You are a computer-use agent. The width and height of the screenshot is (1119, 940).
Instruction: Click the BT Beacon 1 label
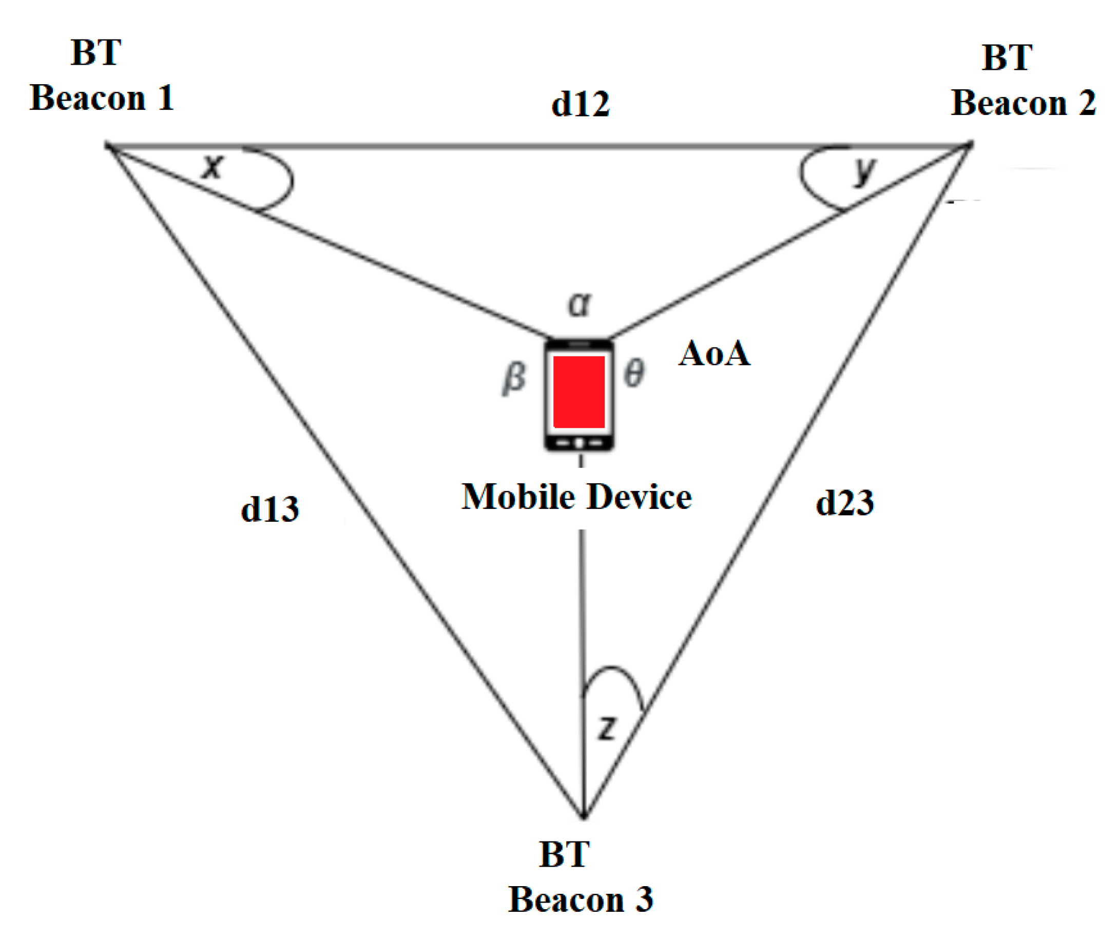coord(101,75)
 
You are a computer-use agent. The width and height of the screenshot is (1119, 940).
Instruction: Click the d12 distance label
coord(580,104)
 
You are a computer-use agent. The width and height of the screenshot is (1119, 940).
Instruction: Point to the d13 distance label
coord(270,510)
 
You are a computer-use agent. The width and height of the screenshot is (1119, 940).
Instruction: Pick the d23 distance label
coord(844,503)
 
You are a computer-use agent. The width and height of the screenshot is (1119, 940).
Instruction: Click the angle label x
coord(213,167)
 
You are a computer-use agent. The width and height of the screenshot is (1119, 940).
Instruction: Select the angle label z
coord(607,728)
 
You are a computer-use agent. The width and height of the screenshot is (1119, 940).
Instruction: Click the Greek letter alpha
coord(580,305)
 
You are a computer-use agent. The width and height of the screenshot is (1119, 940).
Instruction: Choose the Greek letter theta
coord(634,373)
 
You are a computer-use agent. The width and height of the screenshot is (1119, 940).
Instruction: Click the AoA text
coord(715,354)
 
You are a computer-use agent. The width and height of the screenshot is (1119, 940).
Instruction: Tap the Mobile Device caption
coord(576,497)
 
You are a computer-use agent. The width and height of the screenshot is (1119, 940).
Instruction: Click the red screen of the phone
coord(579,391)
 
